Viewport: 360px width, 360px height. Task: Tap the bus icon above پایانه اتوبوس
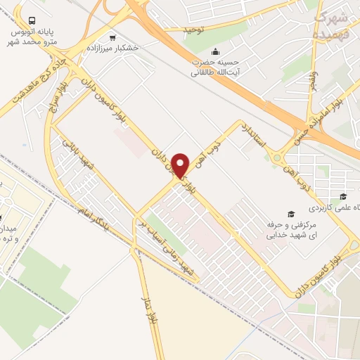point(32,22)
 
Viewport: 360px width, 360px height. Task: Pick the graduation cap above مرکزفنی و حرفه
point(290,213)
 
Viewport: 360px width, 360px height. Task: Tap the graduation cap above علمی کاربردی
point(343,197)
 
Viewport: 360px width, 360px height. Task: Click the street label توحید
point(193,30)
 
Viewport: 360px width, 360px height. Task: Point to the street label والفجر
point(317,86)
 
